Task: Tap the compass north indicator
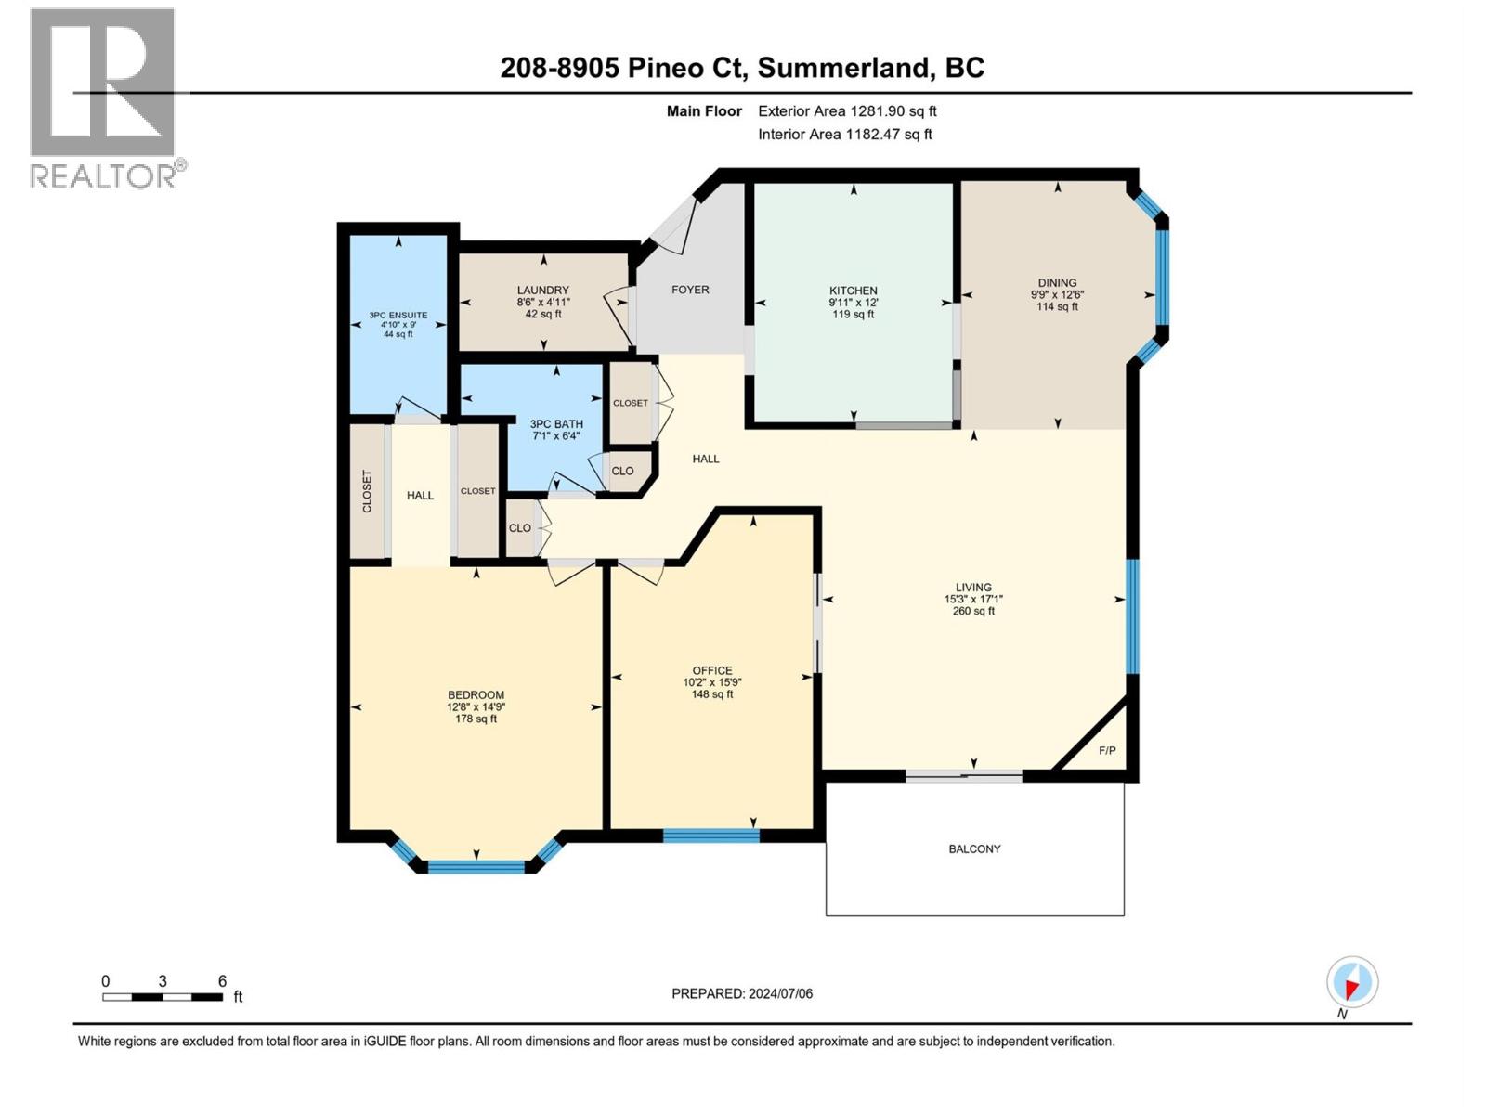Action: click(1352, 983)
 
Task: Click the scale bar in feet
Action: click(163, 997)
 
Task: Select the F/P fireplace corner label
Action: click(1107, 750)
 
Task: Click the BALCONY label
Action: click(974, 848)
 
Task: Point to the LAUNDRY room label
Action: click(543, 291)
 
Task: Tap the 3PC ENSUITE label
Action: click(398, 316)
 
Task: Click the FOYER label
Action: click(690, 290)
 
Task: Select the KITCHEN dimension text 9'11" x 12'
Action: click(853, 303)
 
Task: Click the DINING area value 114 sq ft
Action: click(1057, 306)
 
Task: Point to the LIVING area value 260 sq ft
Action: click(973, 611)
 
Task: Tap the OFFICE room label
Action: click(712, 670)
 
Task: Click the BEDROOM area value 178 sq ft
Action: click(476, 719)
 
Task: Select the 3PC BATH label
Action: click(555, 424)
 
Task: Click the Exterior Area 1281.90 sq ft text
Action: click(847, 111)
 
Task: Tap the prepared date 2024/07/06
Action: click(779, 993)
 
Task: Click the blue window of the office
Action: click(711, 835)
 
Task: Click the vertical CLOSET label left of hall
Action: click(367, 491)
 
